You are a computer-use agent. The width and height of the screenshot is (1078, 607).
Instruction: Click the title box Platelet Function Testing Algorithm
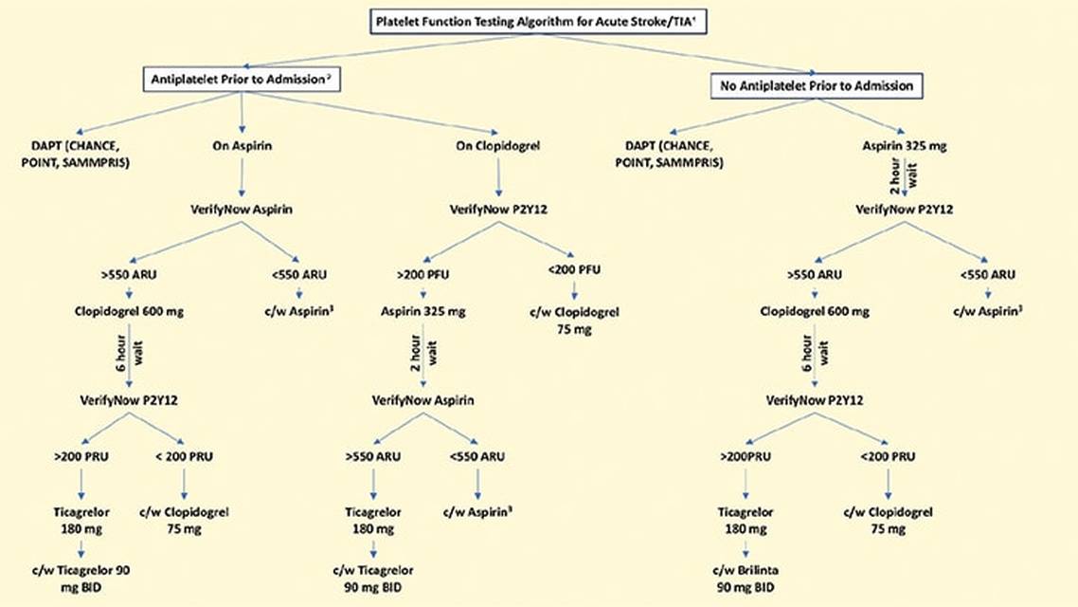point(540,21)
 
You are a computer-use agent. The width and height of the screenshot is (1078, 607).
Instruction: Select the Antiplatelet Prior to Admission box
point(242,80)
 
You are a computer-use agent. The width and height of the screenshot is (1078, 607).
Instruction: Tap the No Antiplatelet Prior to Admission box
point(816,86)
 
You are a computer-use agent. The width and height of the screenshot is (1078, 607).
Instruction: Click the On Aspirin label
point(242,146)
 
